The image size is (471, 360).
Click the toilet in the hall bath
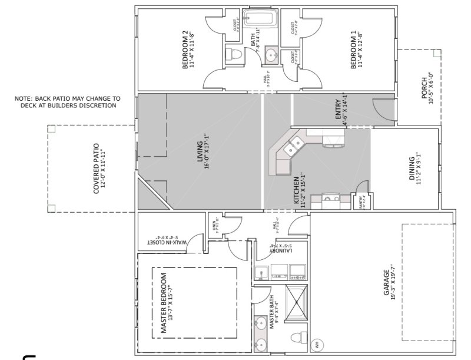click(x=234, y=55)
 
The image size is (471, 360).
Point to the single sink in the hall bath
click(x=270, y=56)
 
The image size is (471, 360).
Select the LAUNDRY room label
click(x=277, y=249)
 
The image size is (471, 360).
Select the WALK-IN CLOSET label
click(x=166, y=240)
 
